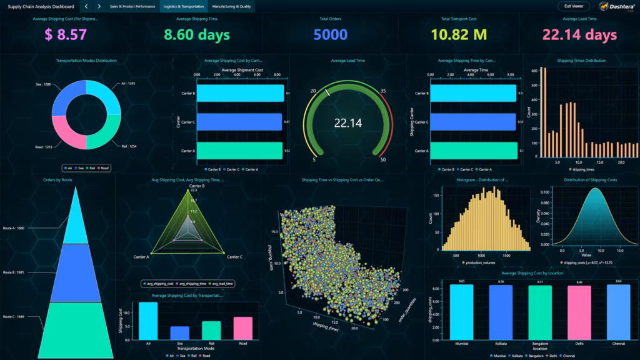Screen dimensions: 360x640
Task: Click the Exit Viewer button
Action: pyautogui.click(x=573, y=6)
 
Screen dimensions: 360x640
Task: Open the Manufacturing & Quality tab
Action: pyautogui.click(x=231, y=6)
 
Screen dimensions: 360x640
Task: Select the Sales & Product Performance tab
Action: pyautogui.click(x=132, y=6)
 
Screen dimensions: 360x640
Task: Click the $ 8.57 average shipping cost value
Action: pyautogui.click(x=66, y=35)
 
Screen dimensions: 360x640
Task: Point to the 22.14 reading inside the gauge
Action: pyautogui.click(x=348, y=123)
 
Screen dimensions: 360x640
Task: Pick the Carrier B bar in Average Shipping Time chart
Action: pyautogui.click(x=473, y=93)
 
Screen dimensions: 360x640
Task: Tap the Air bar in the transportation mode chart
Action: pyautogui.click(x=148, y=320)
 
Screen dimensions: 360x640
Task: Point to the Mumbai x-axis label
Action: pyautogui.click(x=461, y=344)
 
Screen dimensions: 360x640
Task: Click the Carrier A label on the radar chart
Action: pyautogui.click(x=141, y=257)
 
